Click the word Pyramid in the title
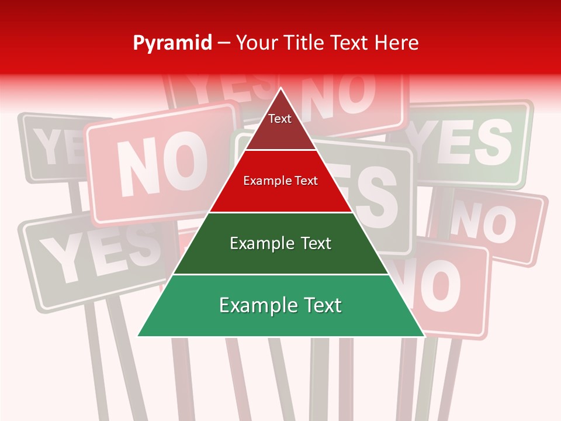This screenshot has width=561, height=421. (172, 43)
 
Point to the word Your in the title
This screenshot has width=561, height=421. (257, 43)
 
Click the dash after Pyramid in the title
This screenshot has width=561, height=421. (223, 43)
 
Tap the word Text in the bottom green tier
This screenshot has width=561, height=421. (318, 306)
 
